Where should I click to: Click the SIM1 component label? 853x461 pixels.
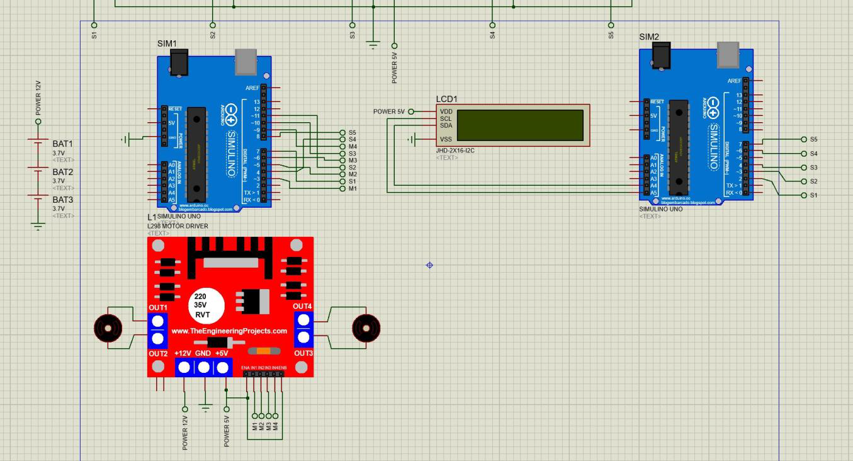coord(167,43)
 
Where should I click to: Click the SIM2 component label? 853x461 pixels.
coord(649,37)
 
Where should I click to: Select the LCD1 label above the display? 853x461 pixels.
coord(447,100)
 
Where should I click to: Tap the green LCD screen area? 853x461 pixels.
coord(520,125)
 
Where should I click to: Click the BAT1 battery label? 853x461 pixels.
coord(62,144)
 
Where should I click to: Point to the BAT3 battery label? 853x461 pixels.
coord(62,200)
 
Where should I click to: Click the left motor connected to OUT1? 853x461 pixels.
coord(108,327)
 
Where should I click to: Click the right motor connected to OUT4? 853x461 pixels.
coord(366,327)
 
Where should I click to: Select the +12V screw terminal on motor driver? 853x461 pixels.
coord(184,367)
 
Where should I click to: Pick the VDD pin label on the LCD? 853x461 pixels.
coord(446,111)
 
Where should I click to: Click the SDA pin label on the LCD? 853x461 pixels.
coord(446,125)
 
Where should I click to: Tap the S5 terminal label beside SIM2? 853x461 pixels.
coord(814,139)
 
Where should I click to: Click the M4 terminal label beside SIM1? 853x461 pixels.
coord(353,147)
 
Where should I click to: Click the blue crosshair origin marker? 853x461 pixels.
coord(430,265)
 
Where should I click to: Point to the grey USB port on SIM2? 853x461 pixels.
coord(727,55)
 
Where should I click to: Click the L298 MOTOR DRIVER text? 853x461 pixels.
coord(178,226)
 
